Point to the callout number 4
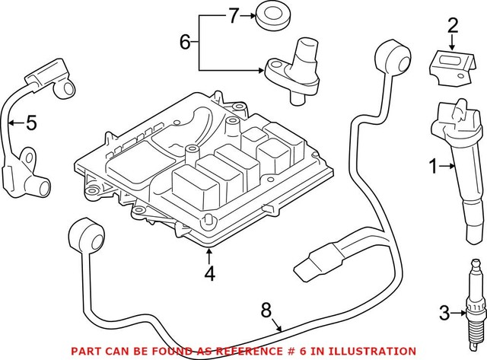[x=208, y=272]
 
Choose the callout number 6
[x=185, y=42]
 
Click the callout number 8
[x=265, y=310]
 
